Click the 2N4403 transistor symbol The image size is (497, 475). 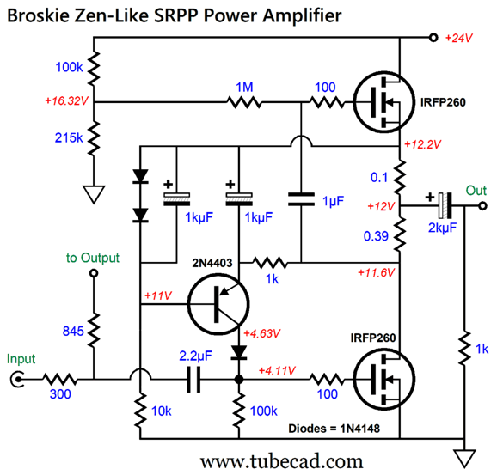(218, 304)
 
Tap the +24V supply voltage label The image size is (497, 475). (458, 38)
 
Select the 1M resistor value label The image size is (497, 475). (244, 87)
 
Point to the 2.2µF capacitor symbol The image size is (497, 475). (193, 379)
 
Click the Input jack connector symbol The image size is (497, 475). (17, 379)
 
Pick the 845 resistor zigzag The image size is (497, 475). (94, 330)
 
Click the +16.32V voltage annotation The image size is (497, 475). (66, 101)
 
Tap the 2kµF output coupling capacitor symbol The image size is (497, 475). (445, 206)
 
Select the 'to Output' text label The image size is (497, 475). (93, 258)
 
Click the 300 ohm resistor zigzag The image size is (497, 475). (60, 379)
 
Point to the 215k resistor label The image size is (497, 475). (69, 137)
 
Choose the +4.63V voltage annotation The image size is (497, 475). (261, 333)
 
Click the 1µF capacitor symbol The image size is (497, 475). (301, 199)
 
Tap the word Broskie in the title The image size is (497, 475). (38, 15)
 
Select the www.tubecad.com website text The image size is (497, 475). (282, 461)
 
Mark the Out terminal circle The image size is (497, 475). (482, 206)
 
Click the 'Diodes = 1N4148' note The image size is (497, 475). (334, 429)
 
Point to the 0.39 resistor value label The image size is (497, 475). (376, 236)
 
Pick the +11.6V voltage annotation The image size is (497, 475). (377, 272)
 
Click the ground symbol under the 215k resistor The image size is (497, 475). (94, 194)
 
